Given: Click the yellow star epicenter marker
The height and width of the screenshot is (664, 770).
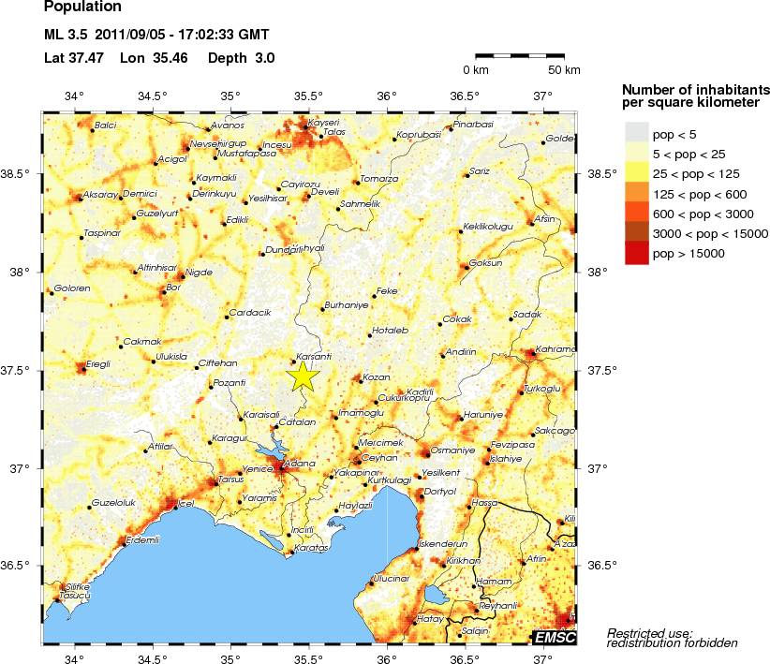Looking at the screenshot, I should click(303, 376).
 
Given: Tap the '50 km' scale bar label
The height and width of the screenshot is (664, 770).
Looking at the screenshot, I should click(564, 70).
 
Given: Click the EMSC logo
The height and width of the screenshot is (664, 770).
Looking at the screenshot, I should click(555, 638).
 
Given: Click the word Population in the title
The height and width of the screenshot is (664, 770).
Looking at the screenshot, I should click(82, 7).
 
